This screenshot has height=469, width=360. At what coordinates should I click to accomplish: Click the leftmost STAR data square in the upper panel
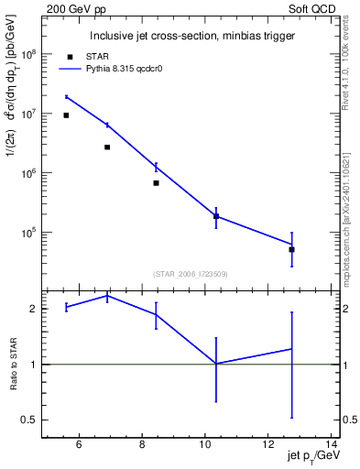coord(66,115)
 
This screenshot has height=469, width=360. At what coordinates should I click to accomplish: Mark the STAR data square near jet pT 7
coord(107,147)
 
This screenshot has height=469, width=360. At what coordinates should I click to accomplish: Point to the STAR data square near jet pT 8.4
coord(157,183)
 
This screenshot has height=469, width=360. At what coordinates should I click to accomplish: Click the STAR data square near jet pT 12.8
coord(291,249)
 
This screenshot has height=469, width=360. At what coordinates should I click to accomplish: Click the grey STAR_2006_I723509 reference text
coord(190,273)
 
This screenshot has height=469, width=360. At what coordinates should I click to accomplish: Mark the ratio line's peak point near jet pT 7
coord(107,296)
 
